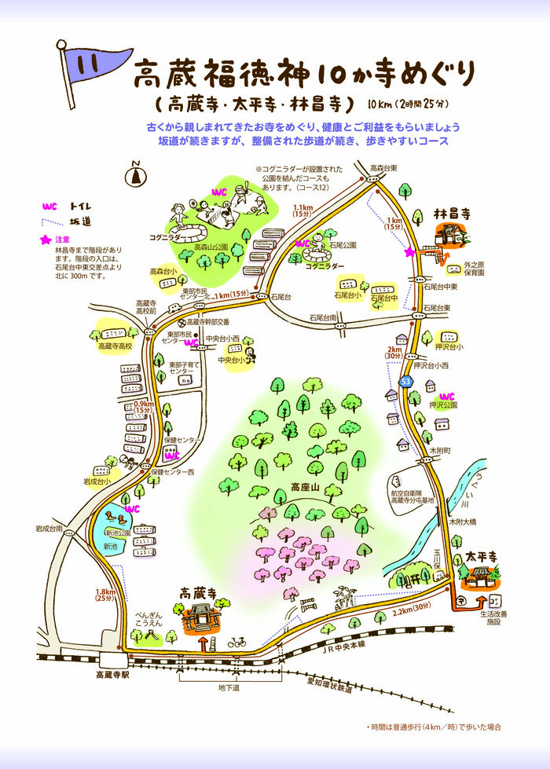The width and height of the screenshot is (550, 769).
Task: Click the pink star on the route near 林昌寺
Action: click(x=409, y=252)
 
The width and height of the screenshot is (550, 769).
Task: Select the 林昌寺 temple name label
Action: click(x=453, y=214)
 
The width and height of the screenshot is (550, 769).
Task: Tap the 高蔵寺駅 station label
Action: click(x=112, y=674)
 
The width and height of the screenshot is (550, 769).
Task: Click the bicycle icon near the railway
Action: click(x=236, y=642)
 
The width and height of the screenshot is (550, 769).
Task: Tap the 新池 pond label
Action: click(x=109, y=545)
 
